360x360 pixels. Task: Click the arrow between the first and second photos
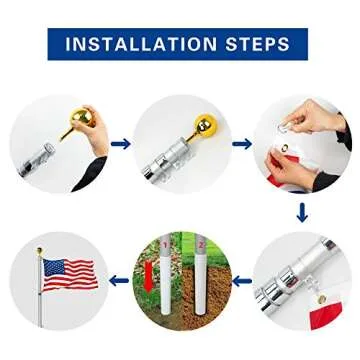pos(120,143)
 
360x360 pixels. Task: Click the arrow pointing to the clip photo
pos(240,143)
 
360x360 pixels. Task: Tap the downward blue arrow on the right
pos(300,212)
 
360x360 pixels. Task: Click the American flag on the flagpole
pos(68,272)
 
